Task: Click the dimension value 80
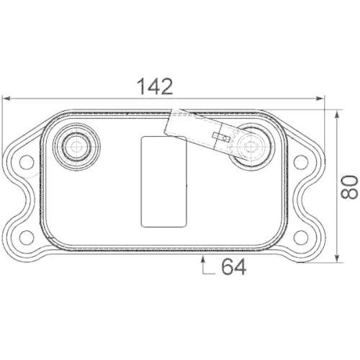(x=350, y=186)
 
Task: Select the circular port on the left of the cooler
(x=74, y=148)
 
